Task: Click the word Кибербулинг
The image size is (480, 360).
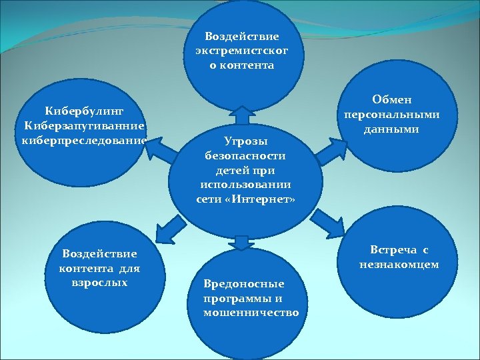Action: pos(84,109)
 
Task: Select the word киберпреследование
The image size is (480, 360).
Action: pos(84,140)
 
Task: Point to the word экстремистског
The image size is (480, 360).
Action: pos(242,51)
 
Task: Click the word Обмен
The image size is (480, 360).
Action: pos(391,99)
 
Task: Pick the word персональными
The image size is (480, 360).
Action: pos(391,114)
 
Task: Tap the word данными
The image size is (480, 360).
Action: pos(391,129)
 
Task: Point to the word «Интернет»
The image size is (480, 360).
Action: pos(265,199)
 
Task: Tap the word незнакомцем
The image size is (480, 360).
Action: pos(399,265)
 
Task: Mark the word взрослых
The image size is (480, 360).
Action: pos(99,282)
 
